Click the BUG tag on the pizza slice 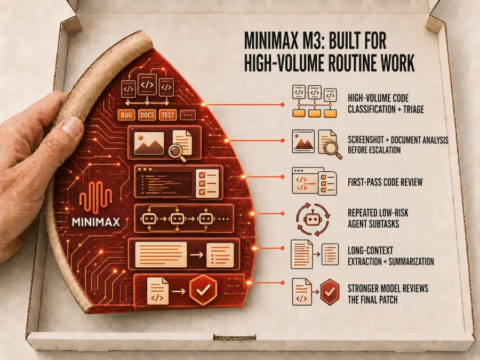point(126,115)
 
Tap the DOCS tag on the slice point(147,115)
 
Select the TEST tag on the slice point(167,115)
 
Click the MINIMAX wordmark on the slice point(96,222)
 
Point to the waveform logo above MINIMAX point(95,197)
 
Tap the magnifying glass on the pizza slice point(178,153)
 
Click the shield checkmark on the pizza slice point(203,290)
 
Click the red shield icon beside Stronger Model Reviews point(330,292)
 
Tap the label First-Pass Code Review point(385,182)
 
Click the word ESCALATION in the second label point(385,150)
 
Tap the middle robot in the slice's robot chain point(177,219)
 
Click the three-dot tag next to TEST point(188,115)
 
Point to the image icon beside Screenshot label point(303,141)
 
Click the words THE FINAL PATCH point(373,299)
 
